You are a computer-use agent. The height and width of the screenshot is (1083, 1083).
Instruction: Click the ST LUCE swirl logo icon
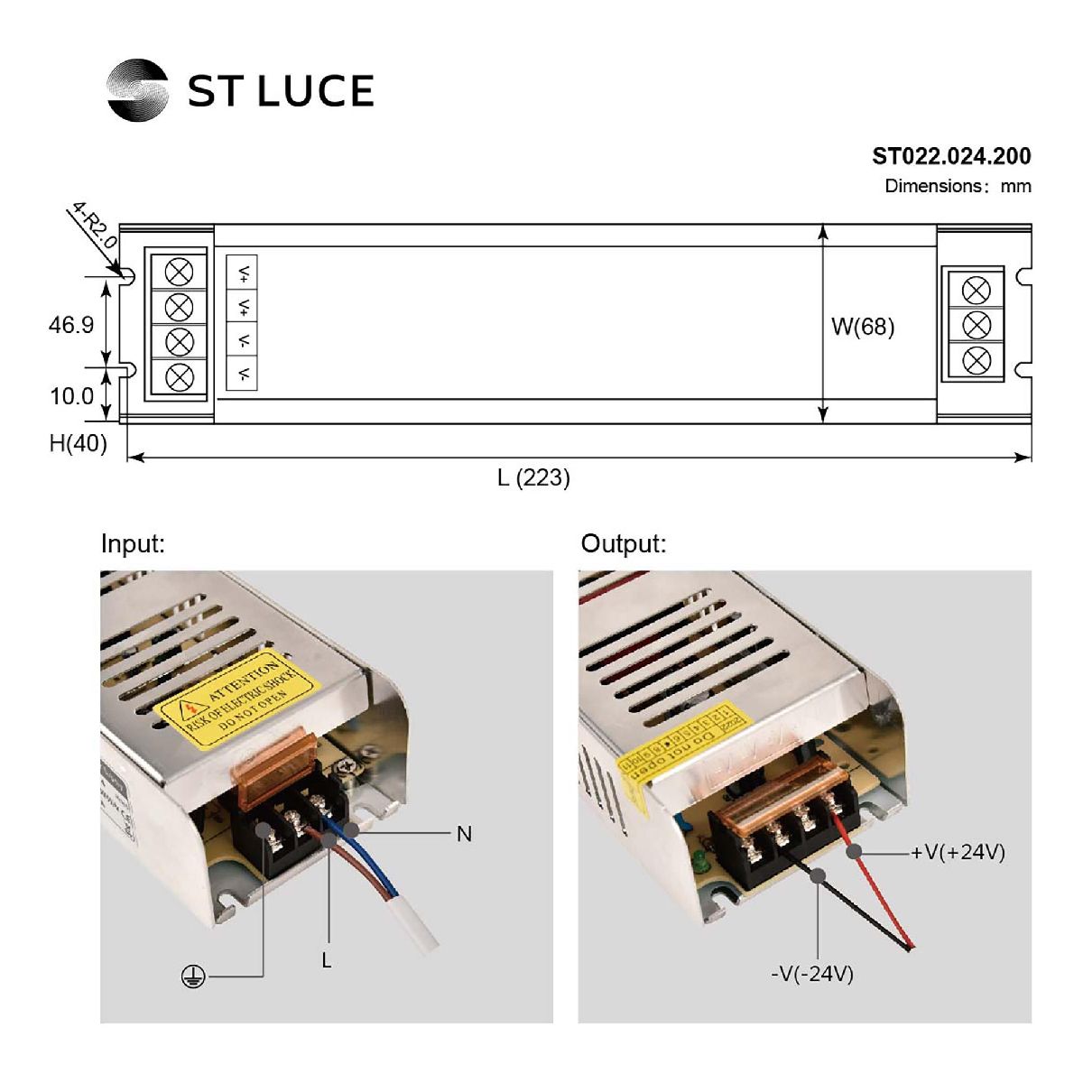pos(137,89)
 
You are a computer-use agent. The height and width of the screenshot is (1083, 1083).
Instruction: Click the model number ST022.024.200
pos(950,156)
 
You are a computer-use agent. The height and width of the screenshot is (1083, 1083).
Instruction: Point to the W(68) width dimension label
pos(862,327)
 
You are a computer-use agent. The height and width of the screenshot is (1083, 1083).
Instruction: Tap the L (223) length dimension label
pos(533,477)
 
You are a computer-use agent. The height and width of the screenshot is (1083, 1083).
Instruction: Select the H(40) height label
pos(78,443)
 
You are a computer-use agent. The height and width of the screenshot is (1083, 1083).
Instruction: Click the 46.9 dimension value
pos(71,324)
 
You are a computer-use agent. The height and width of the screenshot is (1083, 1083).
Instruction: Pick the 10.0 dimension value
pos(71,396)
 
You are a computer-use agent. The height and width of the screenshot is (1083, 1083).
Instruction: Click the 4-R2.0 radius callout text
pos(95,226)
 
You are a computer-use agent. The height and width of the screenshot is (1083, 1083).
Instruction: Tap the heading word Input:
pos(133,544)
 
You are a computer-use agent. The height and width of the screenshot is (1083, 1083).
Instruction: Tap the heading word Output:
pos(623,544)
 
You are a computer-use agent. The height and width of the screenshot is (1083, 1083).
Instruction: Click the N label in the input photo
pos(464,834)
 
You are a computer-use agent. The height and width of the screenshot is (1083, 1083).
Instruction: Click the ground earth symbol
pos(191,977)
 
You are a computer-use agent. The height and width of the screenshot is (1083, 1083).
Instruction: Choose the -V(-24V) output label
pos(812,974)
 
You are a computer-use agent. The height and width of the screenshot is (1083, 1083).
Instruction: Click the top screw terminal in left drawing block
pos(180,272)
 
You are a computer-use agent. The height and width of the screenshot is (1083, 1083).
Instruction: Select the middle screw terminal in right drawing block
pos(977,325)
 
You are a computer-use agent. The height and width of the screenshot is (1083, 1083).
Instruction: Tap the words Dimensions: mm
pos(957,186)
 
